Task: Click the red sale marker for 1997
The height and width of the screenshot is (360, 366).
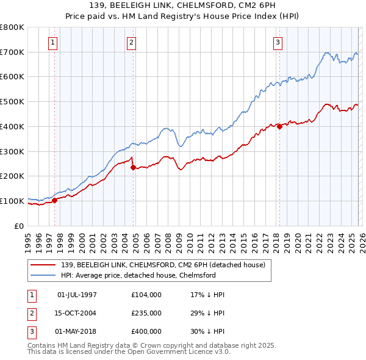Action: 54,200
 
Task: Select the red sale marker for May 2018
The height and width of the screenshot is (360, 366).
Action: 279,126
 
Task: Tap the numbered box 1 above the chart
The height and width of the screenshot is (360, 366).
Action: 53,43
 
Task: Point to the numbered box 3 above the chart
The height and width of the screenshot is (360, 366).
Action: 278,43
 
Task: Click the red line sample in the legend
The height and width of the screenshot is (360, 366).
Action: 43,265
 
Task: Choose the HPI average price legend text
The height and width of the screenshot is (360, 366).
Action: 138,276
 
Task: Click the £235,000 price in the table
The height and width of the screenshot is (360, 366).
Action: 146,313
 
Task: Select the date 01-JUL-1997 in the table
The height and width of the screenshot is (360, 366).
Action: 77,295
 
